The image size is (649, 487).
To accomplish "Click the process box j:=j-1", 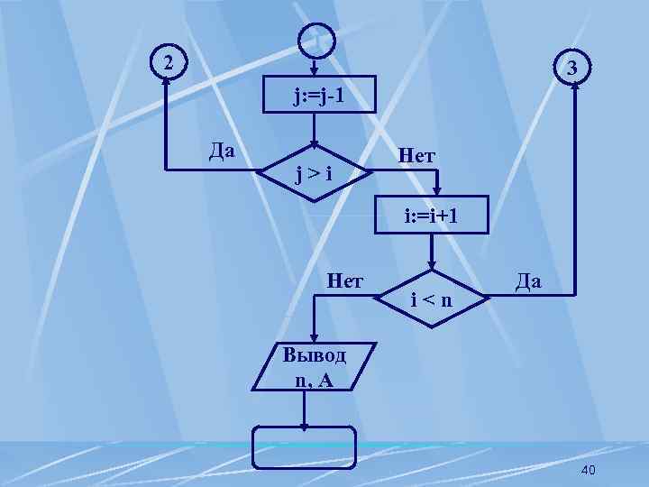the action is coord(314,96).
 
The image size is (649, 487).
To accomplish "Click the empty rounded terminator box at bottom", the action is coord(305,448).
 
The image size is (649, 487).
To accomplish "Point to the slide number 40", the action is coord(590,471).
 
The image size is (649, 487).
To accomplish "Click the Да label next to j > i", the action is coord(222,148).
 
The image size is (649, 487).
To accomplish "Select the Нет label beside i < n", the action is coord(345,280).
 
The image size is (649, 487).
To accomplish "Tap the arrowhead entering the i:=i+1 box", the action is coord(434,192).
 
